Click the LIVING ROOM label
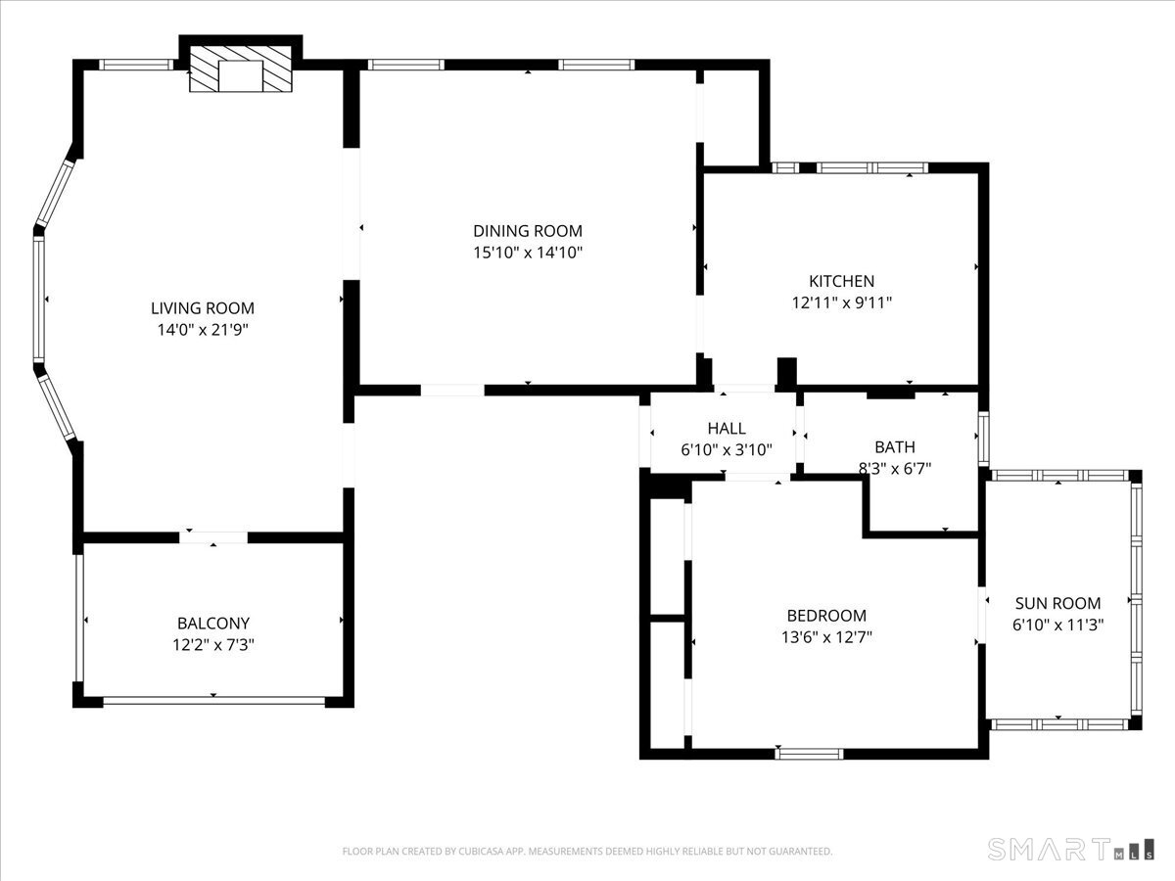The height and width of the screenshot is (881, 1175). click(x=203, y=308)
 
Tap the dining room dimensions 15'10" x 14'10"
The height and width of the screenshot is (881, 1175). click(x=527, y=253)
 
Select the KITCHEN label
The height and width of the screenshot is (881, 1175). click(x=841, y=281)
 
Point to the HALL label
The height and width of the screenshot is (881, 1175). click(x=727, y=429)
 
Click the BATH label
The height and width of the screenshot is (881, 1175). click(x=895, y=447)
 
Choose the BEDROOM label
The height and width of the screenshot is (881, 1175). click(x=826, y=616)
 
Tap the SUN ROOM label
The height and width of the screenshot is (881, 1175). click(x=1057, y=603)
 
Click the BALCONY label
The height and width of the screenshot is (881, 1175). click(x=213, y=624)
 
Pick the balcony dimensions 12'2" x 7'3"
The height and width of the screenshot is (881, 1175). click(x=213, y=645)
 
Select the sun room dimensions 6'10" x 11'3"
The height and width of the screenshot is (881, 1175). click(x=1057, y=625)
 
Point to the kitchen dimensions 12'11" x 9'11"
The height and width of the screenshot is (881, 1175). click(x=841, y=302)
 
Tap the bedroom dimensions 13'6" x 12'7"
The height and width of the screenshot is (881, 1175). click(x=826, y=637)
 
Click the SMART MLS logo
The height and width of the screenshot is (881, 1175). click(x=1070, y=849)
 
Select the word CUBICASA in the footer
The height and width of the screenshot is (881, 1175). click(x=479, y=851)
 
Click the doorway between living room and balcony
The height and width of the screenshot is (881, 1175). click(x=213, y=537)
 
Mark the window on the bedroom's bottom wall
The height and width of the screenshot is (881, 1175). click(x=809, y=754)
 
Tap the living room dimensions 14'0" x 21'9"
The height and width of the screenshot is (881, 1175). click(x=203, y=330)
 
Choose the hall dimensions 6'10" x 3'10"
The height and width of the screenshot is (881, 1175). click(x=727, y=450)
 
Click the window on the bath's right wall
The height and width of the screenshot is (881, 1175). click(x=983, y=439)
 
